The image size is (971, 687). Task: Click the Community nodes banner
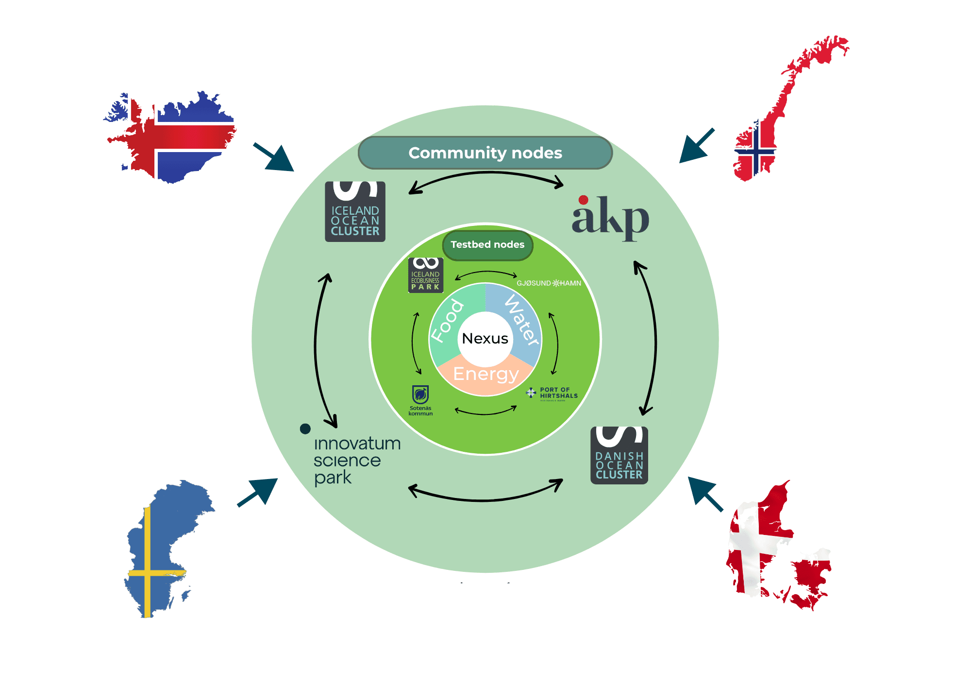[485, 153]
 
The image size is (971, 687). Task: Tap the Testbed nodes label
[487, 244]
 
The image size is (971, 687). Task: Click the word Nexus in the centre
[485, 338]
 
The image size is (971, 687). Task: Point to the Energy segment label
[485, 374]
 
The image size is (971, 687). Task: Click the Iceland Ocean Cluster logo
[355, 212]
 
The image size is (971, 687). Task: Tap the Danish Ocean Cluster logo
[619, 455]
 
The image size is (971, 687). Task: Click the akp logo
[610, 219]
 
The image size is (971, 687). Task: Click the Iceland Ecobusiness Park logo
[425, 275]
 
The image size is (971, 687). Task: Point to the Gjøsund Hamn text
[549, 283]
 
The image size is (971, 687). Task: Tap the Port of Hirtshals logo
[552, 393]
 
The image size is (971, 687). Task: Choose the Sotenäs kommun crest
[420, 395]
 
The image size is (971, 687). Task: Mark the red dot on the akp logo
[584, 200]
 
